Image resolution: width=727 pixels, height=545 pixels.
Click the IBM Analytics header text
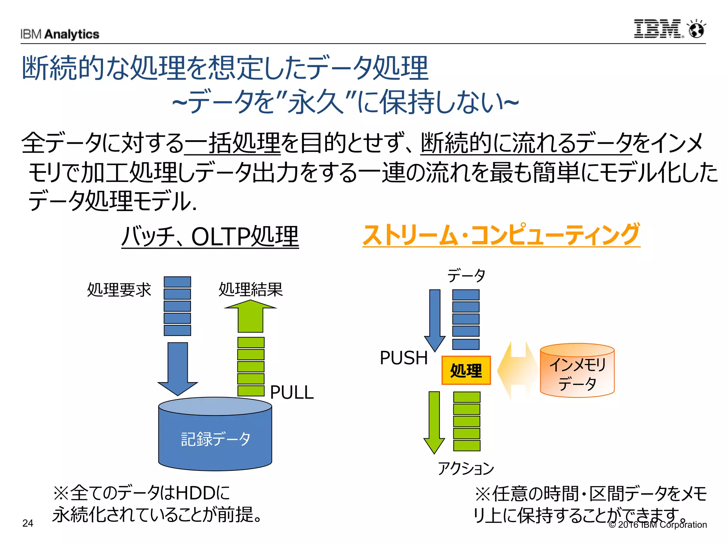coord(60,34)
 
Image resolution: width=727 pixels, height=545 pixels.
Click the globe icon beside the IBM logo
coord(696,29)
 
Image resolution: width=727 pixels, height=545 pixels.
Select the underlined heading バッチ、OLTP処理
coord(210,236)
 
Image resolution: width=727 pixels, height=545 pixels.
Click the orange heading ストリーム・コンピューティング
coord(501,235)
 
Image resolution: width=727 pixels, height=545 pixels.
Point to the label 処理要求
coord(119,290)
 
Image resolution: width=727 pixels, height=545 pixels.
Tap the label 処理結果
coord(251,289)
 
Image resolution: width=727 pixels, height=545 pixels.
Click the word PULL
coord(292,392)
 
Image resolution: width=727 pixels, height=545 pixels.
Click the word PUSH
coord(404,358)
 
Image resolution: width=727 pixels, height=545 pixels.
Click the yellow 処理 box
coord(466,370)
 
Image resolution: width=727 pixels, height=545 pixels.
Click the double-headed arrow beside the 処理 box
coord(518,370)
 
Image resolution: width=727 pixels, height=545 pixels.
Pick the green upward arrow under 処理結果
coord(251,316)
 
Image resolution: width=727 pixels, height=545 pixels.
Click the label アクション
coord(466,468)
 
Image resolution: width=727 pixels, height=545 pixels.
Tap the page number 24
coord(28,523)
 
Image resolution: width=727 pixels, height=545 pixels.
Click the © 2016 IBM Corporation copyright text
coord(658,524)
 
